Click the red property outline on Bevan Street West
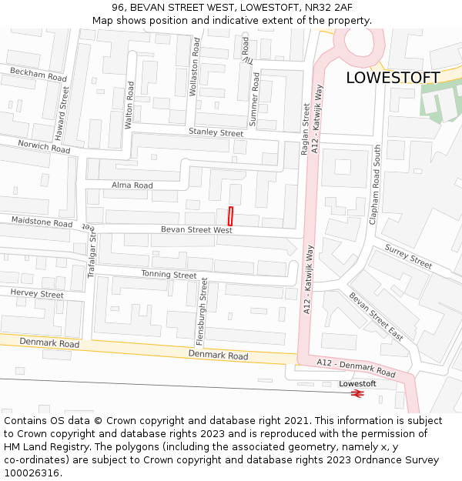230,216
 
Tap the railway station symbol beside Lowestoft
357,393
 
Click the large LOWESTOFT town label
393,78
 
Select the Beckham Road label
38,74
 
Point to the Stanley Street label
216,132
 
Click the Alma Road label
132,185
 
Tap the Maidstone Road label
42,222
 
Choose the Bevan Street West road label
196,229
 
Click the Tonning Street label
169,274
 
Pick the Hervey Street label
37,294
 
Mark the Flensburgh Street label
204,312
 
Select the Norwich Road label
44,146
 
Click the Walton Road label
130,104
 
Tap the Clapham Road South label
377,185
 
